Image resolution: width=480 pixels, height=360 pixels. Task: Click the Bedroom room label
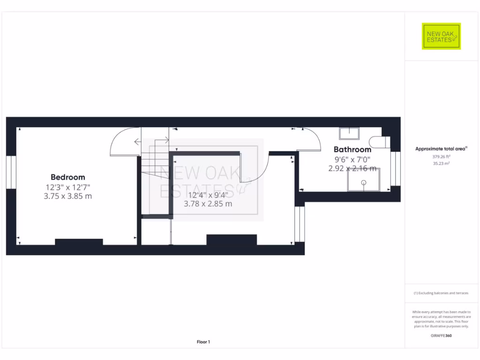click(x=68, y=177)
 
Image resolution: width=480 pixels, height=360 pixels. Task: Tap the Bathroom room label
click(x=352, y=150)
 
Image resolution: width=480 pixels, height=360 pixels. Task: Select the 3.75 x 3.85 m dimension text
click(x=68, y=196)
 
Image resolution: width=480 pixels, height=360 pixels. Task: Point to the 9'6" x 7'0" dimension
click(x=352, y=159)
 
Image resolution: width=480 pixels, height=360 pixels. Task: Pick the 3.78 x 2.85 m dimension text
click(x=208, y=204)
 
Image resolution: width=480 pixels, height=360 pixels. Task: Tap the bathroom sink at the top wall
click(x=349, y=134)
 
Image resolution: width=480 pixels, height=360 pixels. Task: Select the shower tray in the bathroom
click(x=363, y=180)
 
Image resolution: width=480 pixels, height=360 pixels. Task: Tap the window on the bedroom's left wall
click(x=11, y=172)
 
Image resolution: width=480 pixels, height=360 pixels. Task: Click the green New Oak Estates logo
click(x=441, y=36)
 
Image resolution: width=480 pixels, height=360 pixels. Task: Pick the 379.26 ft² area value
click(x=441, y=157)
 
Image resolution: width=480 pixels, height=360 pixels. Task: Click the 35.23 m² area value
click(x=441, y=164)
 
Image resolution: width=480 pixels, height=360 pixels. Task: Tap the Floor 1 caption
click(x=203, y=342)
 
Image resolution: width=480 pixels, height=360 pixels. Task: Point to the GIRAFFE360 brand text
click(x=441, y=336)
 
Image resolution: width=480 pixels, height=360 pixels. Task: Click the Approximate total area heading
click(x=441, y=149)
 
